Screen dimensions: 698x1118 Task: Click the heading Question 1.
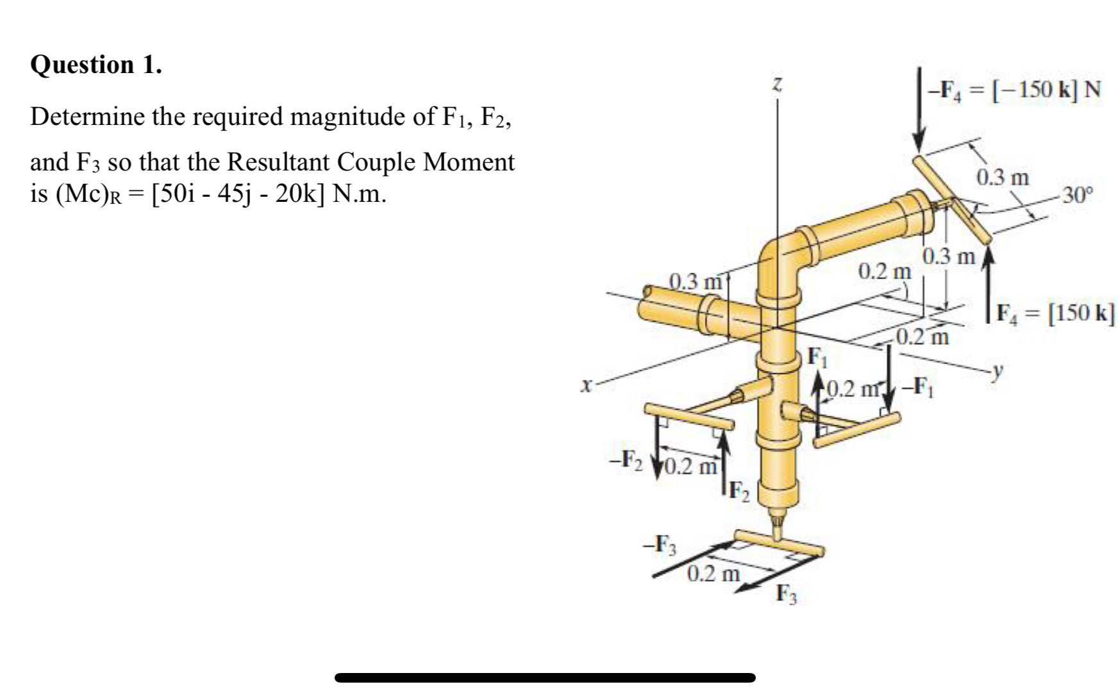(x=96, y=65)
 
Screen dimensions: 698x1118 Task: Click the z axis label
(x=777, y=85)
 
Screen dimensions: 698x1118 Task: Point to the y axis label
(x=996, y=370)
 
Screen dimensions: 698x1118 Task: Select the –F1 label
(x=917, y=386)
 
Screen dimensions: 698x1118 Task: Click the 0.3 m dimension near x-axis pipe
(x=695, y=281)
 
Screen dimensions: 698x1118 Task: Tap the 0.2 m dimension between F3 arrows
(x=713, y=573)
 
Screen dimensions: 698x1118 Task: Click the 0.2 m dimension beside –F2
(x=689, y=466)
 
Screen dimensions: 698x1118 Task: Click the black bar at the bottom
(x=545, y=677)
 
